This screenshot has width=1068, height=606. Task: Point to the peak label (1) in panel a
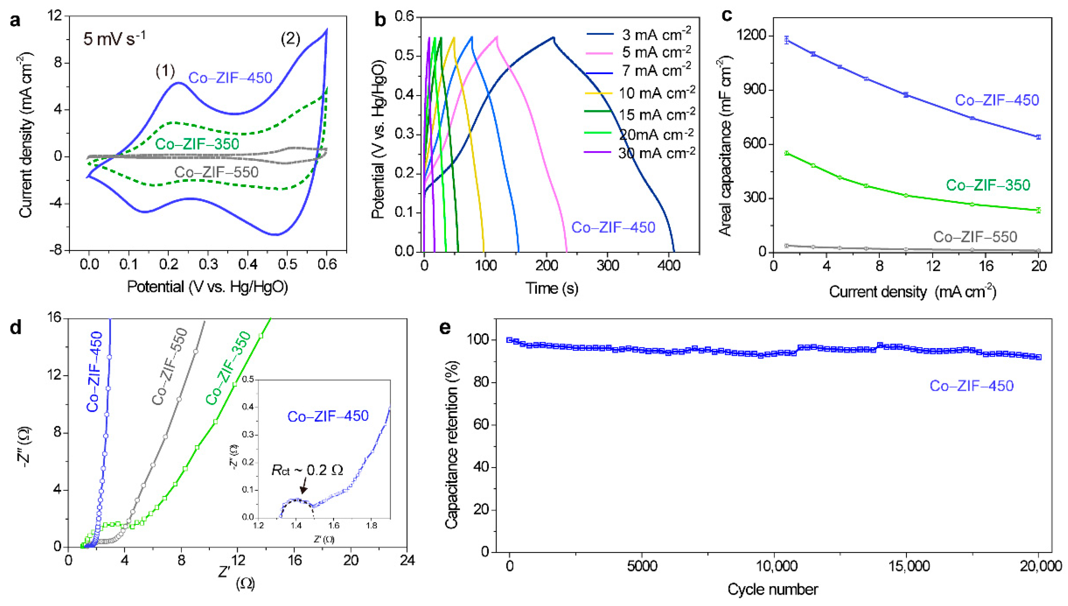click(x=165, y=71)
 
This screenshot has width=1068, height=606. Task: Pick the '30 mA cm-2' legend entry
click(x=656, y=153)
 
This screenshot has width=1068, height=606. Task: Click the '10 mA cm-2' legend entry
click(x=656, y=93)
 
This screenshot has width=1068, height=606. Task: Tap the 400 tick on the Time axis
click(x=669, y=265)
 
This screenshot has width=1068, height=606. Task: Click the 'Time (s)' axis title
click(x=551, y=288)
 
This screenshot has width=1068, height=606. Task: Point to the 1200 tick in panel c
click(x=752, y=36)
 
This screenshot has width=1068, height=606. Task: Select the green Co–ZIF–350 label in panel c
click(x=988, y=185)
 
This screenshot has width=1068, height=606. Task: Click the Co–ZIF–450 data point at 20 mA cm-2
click(x=1038, y=137)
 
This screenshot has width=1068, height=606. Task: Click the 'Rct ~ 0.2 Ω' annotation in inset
click(x=307, y=470)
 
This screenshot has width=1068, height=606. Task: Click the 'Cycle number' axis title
click(x=773, y=589)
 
